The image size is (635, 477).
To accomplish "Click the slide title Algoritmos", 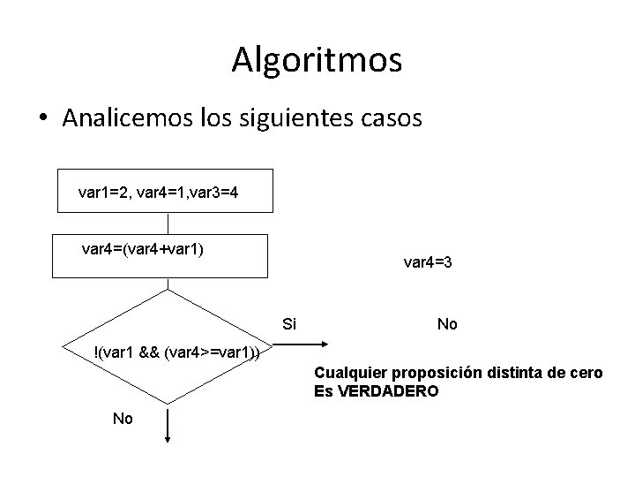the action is coord(317,60).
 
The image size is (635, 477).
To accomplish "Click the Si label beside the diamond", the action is coord(290,324).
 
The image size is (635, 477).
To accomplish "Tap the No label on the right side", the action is coord(447,324).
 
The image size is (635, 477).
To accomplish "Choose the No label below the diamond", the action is coord(123,419).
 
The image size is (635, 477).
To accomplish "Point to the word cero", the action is coord(586,373).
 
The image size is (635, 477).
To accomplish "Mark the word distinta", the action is coord(515,373).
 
